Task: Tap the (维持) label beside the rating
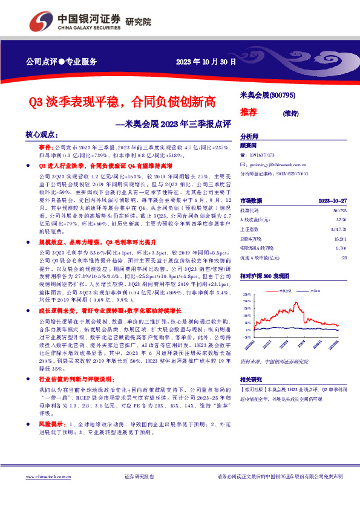click(x=291, y=113)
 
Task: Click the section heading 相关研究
click(x=250, y=380)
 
